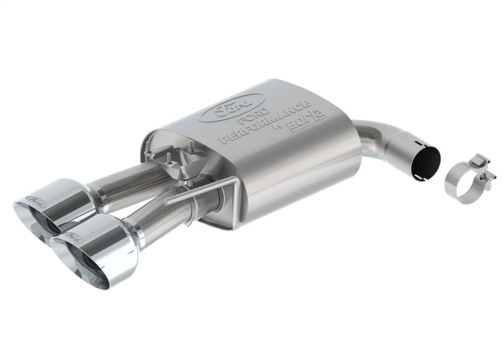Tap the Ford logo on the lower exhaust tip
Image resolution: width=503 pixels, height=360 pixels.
(x=74, y=236)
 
